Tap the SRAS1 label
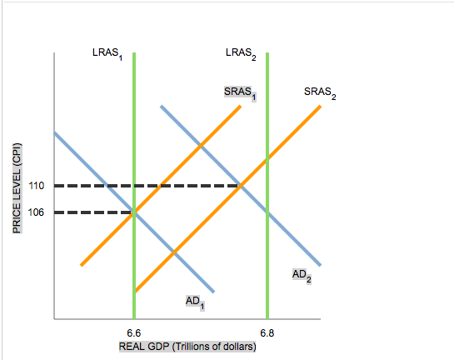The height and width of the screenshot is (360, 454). click(x=239, y=91)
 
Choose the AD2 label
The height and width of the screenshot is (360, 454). click(x=302, y=274)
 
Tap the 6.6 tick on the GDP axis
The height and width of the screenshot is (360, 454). click(x=133, y=332)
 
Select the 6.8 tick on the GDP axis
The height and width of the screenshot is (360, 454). click(x=266, y=332)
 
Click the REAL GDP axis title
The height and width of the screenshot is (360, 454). click(x=187, y=346)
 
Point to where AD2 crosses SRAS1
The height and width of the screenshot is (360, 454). click(x=201, y=147)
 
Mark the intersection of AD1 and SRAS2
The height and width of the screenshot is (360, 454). click(x=173, y=251)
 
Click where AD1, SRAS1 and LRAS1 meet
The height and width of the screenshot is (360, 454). click(x=134, y=212)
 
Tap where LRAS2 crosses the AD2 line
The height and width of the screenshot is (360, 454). click(x=267, y=211)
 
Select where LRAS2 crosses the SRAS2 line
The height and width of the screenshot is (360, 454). click(x=267, y=158)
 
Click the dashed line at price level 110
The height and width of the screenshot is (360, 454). click(x=150, y=185)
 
